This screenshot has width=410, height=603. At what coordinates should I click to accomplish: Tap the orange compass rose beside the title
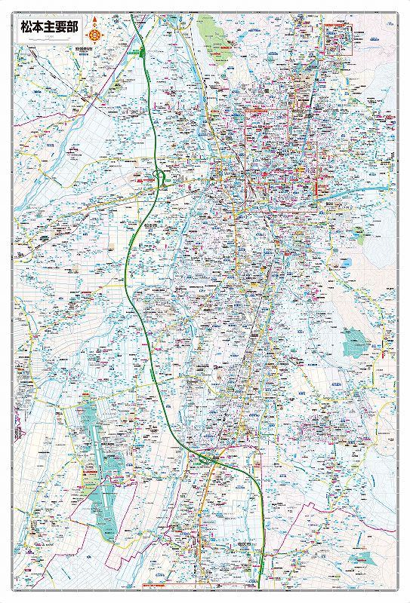pyautogui.click(x=94, y=34)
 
